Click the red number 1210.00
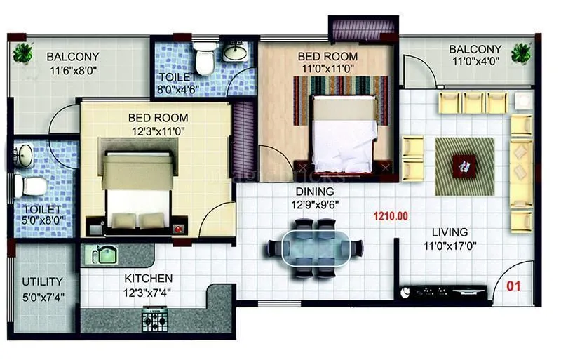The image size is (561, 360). (x=391, y=216)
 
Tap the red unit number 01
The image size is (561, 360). (x=514, y=286)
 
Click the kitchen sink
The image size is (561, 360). (x=103, y=254)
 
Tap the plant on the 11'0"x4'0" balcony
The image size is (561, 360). (x=520, y=52)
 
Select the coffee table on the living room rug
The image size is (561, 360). (x=464, y=166)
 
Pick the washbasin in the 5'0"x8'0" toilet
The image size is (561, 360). (x=24, y=155)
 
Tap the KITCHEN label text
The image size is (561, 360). (x=149, y=279)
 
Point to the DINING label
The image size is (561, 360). (x=315, y=191)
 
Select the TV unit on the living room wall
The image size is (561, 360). (x=443, y=291)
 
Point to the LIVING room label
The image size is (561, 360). (x=450, y=232)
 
